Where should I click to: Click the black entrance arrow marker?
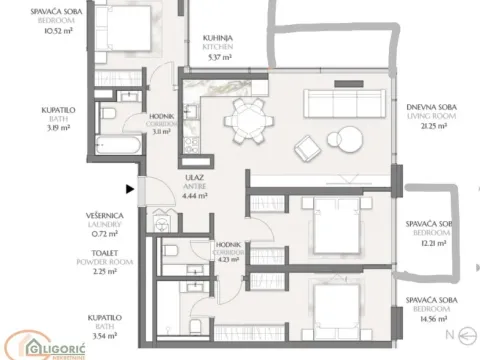click(129, 187)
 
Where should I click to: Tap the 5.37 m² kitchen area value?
click(217, 57)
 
